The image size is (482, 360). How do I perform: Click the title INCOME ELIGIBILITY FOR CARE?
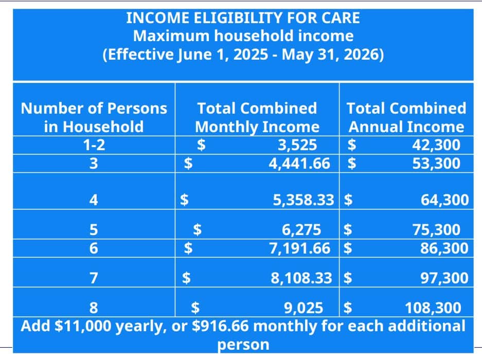point(243,18)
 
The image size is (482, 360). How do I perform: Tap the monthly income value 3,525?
point(297,145)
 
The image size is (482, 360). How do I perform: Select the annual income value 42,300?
point(436,145)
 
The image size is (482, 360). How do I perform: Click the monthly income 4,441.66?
point(299,163)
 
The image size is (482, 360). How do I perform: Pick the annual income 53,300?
point(436,163)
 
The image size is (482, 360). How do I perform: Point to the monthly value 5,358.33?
point(304,200)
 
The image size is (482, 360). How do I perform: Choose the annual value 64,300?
point(445,200)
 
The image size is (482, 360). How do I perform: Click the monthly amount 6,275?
point(301,230)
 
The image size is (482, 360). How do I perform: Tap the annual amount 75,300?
point(436,230)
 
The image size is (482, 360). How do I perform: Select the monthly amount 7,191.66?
point(300,248)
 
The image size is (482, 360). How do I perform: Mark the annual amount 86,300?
point(444,248)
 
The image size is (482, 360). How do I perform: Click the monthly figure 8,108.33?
point(301,278)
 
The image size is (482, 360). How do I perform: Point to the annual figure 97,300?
point(444,278)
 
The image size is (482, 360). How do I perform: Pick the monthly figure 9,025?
point(304,308)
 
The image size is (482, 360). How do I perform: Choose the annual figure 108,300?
point(433,308)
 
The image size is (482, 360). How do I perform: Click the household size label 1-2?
point(94,145)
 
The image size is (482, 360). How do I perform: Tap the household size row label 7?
point(94,278)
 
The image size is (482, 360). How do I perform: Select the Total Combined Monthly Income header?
point(257,118)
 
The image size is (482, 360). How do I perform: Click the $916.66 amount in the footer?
point(220,326)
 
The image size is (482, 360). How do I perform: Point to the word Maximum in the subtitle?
point(171,36)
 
